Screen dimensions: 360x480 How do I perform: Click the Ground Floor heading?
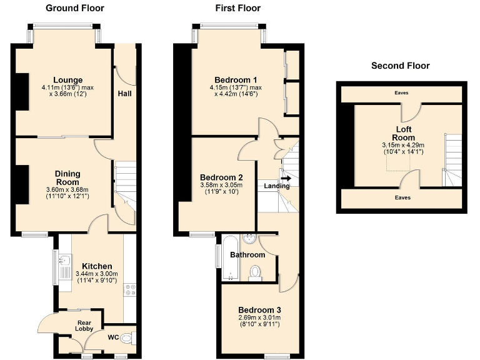74,8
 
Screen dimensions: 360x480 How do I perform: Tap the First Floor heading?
237,8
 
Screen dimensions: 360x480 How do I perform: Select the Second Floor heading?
400,66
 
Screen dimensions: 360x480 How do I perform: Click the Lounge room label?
68,80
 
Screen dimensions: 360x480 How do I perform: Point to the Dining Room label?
67,177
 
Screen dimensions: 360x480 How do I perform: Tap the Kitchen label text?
97,266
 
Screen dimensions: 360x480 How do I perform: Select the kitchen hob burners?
131,289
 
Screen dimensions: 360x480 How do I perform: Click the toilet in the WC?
127,338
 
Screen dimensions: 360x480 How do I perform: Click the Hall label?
124,94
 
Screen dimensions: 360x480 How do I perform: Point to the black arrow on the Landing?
286,178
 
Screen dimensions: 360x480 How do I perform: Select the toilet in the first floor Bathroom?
254,272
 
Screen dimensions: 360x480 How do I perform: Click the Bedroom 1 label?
236,80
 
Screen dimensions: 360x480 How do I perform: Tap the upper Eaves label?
401,93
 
